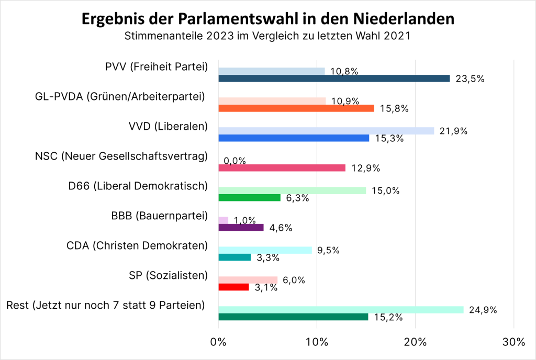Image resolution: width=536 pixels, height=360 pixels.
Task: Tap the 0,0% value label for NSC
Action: point(235,162)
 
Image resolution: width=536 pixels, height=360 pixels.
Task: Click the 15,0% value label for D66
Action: point(385,191)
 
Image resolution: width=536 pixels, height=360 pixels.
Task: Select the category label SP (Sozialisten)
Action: point(168,275)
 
